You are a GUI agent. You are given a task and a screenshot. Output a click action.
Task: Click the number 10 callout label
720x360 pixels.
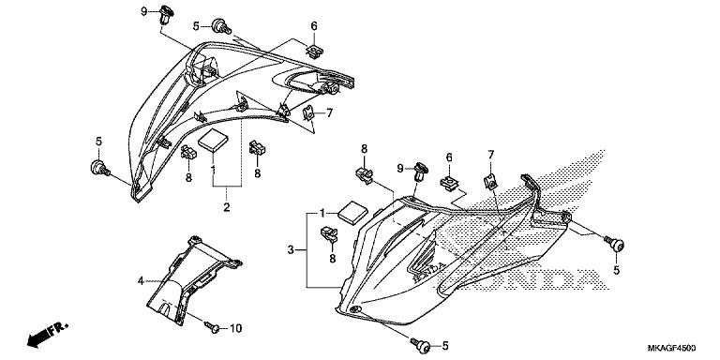pyautogui.click(x=235, y=328)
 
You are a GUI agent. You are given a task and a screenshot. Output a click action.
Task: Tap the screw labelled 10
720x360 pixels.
pyautogui.click(x=211, y=327)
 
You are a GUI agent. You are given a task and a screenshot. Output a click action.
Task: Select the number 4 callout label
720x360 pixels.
pyautogui.click(x=141, y=280)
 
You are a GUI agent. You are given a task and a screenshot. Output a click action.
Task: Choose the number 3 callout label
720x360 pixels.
pyautogui.click(x=292, y=249)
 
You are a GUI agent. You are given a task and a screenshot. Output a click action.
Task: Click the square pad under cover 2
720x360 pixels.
pyautogui.click(x=212, y=140)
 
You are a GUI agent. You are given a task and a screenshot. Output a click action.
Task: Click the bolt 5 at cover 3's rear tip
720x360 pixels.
pyautogui.click(x=614, y=243)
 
